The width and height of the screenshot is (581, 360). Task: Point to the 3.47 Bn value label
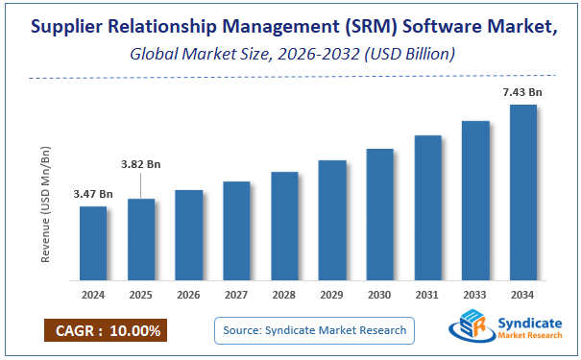(93, 195)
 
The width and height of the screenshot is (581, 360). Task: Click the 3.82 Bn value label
(141, 164)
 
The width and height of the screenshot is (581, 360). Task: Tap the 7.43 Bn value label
(523, 92)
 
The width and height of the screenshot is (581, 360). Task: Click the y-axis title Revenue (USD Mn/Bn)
(45, 204)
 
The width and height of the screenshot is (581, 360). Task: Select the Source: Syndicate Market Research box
(313, 330)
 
